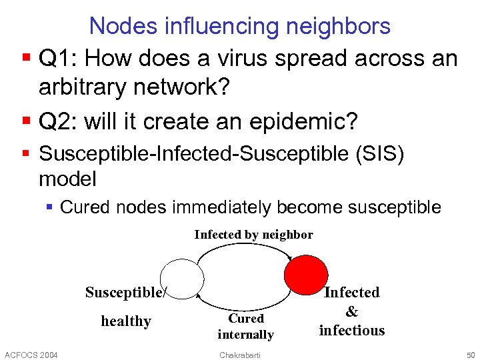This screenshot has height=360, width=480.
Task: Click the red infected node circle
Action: [x=306, y=275]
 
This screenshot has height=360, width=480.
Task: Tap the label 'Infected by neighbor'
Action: [x=253, y=235]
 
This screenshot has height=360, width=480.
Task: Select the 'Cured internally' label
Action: [x=246, y=327]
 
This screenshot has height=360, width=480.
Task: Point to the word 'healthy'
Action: [x=126, y=321]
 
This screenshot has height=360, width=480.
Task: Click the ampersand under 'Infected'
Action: [x=352, y=311]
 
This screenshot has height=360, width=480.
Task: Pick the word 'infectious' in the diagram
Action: [x=352, y=331]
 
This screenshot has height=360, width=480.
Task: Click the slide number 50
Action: [x=469, y=354]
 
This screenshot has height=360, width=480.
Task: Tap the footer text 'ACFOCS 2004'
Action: [x=31, y=354]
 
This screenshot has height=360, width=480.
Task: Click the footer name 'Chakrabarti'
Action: [x=240, y=354]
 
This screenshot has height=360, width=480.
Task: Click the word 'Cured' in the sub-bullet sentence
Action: [x=85, y=207]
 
